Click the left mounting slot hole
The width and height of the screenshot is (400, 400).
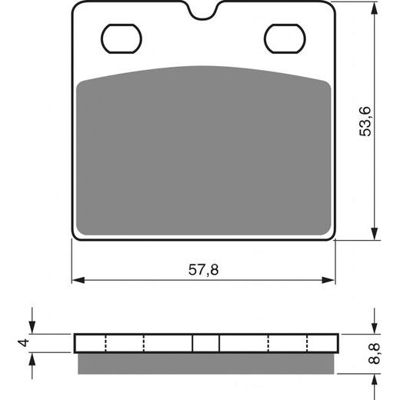122,38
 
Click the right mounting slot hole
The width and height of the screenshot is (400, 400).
285,38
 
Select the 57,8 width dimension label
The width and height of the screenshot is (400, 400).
204,270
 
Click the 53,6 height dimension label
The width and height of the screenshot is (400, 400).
365,121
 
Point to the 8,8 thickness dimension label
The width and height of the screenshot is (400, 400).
374,354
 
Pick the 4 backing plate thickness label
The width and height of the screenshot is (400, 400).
24,343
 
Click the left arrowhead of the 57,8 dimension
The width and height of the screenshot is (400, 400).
78,280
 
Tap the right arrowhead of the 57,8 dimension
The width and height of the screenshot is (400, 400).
328,280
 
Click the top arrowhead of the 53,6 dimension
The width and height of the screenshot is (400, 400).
375,8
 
